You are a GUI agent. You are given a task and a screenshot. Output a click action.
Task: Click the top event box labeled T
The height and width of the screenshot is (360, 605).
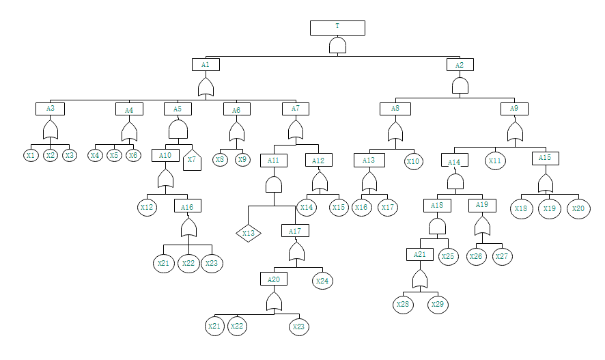337,27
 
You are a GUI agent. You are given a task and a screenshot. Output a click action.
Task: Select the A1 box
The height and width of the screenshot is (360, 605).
206,65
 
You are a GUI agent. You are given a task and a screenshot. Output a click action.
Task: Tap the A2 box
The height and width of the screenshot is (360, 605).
460,65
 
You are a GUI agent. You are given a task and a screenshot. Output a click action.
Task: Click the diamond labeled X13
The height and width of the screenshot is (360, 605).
249,234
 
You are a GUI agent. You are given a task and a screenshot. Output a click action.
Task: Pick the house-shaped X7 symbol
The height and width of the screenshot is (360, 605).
193,160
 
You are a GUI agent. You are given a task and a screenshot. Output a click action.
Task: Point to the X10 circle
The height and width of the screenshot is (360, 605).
413,162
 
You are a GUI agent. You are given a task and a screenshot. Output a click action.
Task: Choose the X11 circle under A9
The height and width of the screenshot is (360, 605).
495,161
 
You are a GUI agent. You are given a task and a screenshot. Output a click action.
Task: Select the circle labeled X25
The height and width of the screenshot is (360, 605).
448,257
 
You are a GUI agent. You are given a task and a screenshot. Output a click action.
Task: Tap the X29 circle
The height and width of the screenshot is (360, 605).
438,304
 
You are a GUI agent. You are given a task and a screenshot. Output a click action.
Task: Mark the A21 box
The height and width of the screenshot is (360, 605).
419,255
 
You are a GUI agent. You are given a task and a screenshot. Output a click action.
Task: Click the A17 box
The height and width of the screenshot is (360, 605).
295,231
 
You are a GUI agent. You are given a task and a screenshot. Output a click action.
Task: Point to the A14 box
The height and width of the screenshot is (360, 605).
455,162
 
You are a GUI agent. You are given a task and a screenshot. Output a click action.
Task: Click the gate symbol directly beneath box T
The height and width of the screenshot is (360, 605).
337,45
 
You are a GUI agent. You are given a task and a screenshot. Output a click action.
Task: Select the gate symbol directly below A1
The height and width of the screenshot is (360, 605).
206,87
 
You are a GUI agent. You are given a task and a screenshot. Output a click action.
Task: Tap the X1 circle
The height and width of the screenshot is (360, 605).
31,156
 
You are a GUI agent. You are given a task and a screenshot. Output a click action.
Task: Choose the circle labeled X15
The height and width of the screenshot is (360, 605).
339,207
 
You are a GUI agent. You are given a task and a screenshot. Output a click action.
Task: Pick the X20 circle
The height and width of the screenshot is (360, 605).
578,208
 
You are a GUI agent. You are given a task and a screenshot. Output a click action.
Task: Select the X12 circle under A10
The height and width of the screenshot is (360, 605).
147,207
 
